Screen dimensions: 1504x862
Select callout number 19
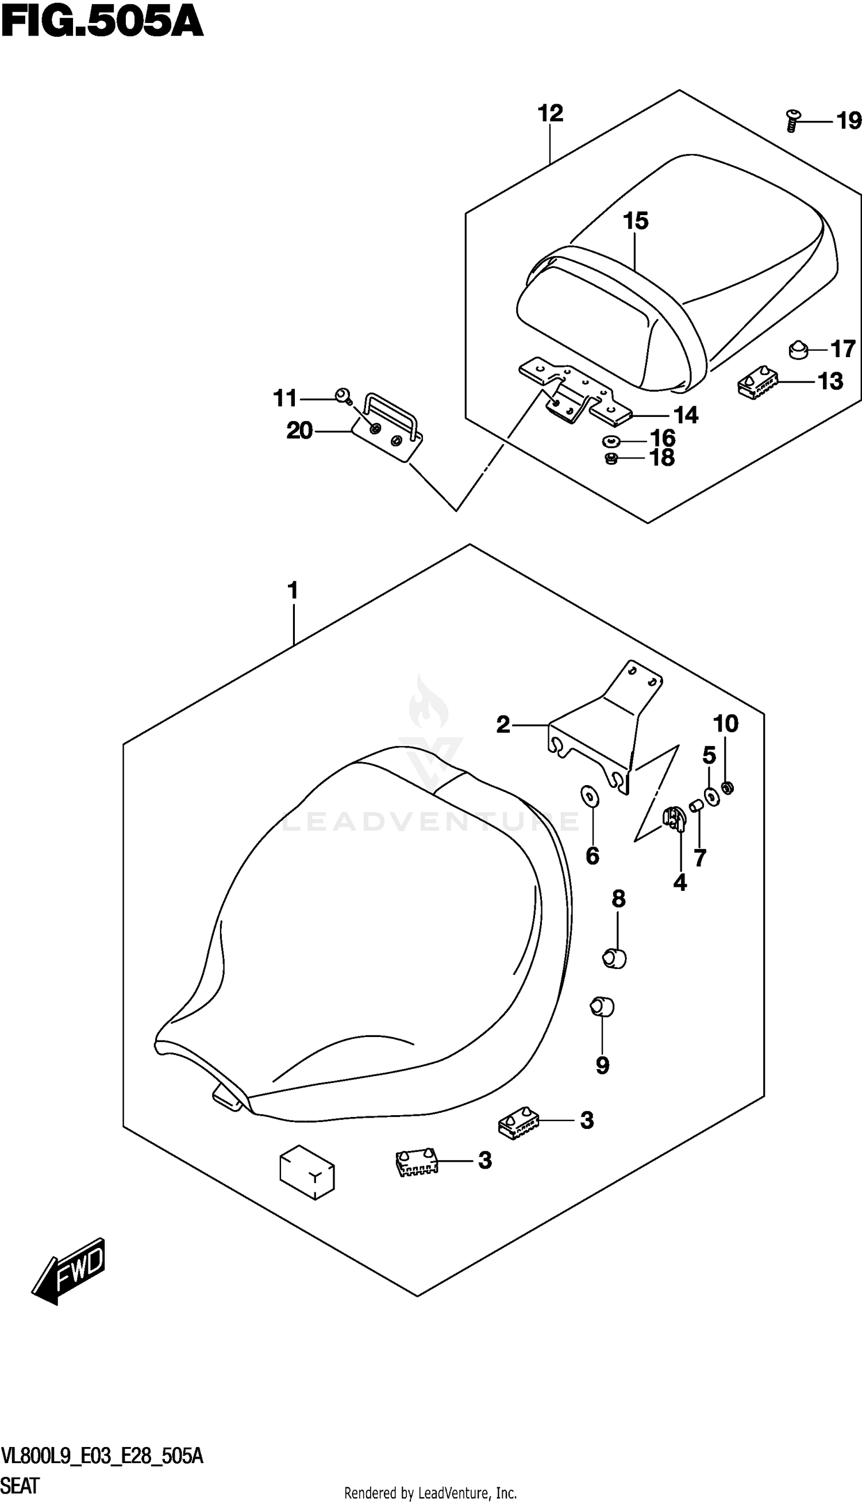(x=848, y=121)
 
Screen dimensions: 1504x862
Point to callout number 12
(x=550, y=113)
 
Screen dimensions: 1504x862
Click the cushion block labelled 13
(x=757, y=382)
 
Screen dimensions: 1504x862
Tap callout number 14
(x=686, y=415)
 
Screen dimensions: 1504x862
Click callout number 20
(x=299, y=431)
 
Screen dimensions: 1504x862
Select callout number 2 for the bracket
(x=503, y=724)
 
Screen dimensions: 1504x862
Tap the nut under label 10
(x=729, y=787)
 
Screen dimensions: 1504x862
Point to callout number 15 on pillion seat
(x=635, y=221)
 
